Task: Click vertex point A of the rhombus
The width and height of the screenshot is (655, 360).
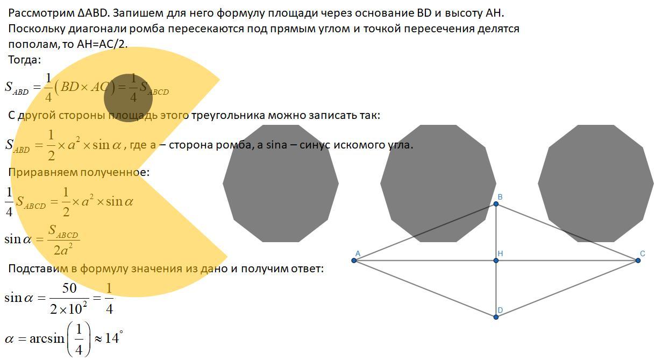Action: point(354,260)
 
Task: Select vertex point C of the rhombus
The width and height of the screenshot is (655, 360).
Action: point(638,260)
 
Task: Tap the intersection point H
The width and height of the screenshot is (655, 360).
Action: point(496,260)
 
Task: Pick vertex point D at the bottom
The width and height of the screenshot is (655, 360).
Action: point(496,317)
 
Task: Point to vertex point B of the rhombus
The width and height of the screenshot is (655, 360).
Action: point(496,204)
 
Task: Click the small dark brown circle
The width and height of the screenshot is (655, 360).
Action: point(128,98)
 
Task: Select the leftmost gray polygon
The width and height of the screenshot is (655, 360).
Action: point(281,183)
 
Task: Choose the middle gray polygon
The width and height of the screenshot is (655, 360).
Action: point(438,183)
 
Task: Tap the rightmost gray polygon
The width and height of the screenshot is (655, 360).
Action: point(596,183)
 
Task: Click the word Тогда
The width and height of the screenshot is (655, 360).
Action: point(24,60)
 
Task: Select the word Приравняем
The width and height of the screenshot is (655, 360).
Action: point(43,172)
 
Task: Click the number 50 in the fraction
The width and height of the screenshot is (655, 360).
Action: point(69,288)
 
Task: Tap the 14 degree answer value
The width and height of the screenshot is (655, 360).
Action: point(112,338)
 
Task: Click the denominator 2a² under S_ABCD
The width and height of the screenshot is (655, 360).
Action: point(63,249)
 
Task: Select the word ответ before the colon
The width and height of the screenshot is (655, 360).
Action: point(305,268)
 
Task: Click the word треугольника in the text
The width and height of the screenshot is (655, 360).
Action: point(228,115)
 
